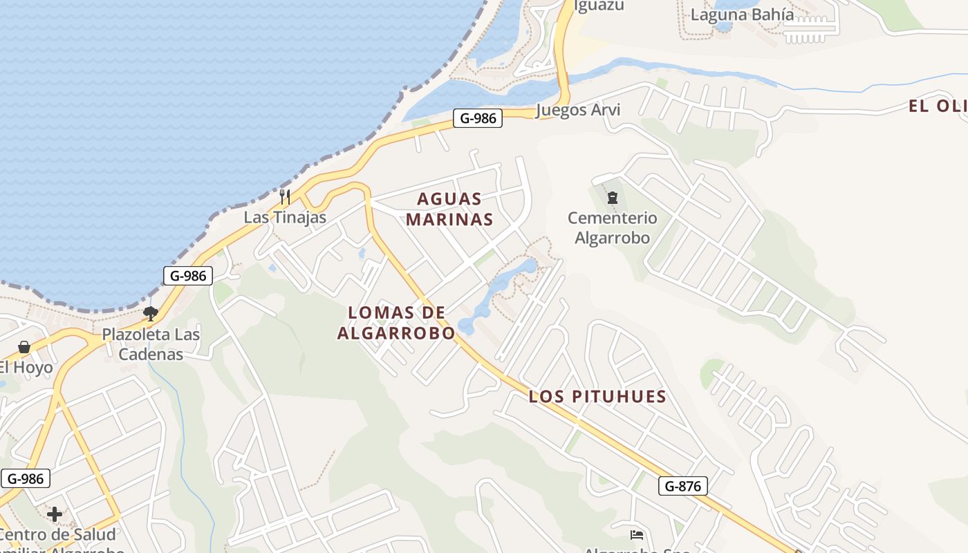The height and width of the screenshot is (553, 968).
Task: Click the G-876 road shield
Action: tap(682, 486)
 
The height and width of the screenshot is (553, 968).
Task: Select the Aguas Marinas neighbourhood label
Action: tap(449, 209)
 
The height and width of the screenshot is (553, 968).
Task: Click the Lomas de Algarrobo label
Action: tap(396, 323)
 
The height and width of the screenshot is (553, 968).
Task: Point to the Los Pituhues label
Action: tap(597, 397)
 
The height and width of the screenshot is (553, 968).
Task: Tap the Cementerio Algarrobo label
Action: tap(612, 228)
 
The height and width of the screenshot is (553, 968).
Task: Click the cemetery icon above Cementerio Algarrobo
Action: tap(612, 198)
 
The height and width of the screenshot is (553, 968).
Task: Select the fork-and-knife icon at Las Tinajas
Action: tap(284, 196)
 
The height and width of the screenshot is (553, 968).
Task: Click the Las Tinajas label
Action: tap(284, 217)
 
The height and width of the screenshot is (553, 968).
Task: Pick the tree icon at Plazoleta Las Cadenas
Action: tap(151, 314)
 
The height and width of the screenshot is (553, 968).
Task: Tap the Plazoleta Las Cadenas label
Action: tap(151, 344)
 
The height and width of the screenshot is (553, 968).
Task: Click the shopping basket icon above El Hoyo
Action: tap(24, 346)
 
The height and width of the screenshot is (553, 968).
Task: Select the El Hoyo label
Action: tap(26, 367)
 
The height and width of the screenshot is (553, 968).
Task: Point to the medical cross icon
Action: tap(55, 514)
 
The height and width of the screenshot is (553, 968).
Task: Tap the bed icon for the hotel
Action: tap(637, 535)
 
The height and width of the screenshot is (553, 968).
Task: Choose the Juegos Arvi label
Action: tap(578, 110)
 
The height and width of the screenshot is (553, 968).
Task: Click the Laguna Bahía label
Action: tap(743, 15)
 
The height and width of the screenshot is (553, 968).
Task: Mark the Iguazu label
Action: tap(599, 6)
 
